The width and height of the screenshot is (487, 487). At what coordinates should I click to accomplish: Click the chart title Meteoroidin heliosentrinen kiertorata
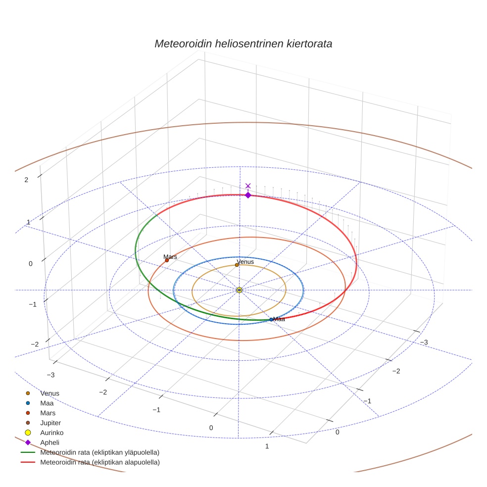(243, 44)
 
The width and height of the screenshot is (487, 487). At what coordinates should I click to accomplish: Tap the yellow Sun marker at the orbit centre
(239, 290)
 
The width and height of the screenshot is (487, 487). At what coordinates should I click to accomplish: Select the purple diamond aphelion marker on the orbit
(248, 195)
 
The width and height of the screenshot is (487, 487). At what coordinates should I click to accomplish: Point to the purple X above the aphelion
(248, 186)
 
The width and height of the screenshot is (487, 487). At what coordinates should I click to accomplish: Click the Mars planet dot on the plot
(167, 260)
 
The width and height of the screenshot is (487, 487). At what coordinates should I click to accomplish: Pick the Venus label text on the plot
(245, 261)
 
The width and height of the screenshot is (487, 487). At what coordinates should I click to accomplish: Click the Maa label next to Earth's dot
(279, 319)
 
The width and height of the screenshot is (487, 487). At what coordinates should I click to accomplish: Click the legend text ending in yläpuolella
(99, 452)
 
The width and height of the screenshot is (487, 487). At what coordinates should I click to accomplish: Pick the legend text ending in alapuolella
(99, 462)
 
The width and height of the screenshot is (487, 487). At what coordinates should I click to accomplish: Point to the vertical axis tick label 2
(26, 180)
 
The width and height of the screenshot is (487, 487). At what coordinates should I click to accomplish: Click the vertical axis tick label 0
(30, 264)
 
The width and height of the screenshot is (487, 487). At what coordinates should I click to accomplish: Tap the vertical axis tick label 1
(28, 222)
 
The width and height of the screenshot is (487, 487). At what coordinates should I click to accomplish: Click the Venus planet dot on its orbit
(237, 265)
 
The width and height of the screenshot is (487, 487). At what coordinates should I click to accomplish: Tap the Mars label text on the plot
(170, 256)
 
